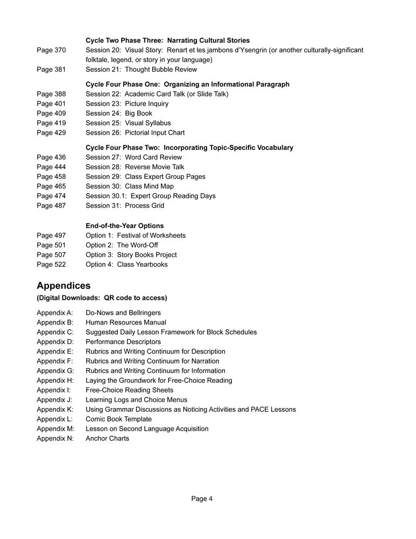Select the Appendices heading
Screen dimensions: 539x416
64,285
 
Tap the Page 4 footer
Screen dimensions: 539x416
202,499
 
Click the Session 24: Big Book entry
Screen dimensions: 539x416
119,113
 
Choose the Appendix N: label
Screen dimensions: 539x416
55,438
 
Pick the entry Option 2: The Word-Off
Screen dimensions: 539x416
122,245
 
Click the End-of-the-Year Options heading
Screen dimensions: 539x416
124,225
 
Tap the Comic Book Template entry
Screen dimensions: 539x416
118,419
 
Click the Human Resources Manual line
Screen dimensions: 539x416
126,322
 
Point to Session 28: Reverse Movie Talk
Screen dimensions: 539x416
135,167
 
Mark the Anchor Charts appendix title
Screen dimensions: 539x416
107,438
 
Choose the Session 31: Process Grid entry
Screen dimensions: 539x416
125,205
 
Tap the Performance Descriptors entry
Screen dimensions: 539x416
123,342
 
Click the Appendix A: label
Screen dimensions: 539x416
55,313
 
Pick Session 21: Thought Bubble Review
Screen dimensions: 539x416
141,69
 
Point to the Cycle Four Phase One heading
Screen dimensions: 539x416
187,84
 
